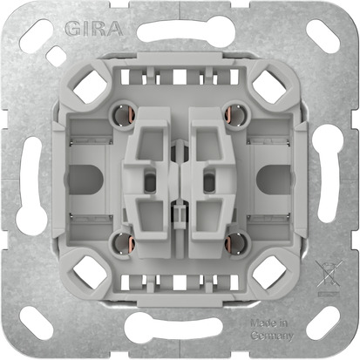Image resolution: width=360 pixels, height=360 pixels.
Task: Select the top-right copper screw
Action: coord(234,111)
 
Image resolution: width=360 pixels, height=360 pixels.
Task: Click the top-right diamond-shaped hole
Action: coord(268,85)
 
